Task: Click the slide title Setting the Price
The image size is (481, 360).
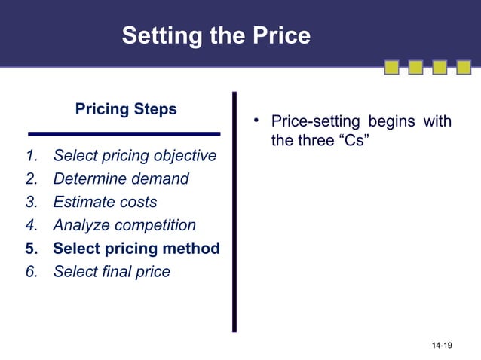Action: pos(216,35)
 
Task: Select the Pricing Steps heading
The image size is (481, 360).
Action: pos(126,109)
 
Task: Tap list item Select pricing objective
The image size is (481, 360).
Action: pos(134,157)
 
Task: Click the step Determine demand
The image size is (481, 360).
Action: pos(121,179)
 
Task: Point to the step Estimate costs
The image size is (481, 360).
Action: pos(105,202)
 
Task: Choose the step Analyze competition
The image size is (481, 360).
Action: pos(124,225)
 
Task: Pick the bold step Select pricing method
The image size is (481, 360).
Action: pos(136,248)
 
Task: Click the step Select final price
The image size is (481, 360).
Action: pos(112,271)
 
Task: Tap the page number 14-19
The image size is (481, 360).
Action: pos(442,345)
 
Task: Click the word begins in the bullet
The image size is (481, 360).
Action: pos(392,121)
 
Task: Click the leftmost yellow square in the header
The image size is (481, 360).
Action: pos(392,69)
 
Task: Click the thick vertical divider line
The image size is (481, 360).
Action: pos(234,211)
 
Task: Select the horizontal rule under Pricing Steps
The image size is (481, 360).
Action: pos(124,134)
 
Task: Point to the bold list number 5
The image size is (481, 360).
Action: pos(31,248)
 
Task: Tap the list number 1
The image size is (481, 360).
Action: pos(31,157)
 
